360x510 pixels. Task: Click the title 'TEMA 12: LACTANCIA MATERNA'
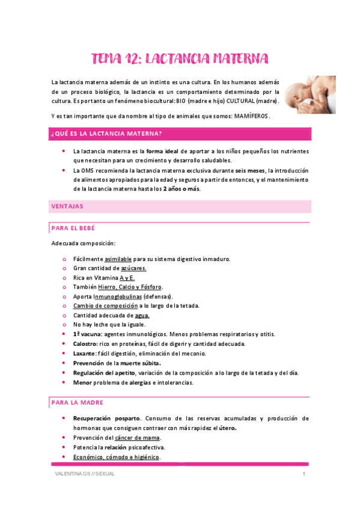[180, 58]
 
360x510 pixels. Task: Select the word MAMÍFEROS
[252, 115]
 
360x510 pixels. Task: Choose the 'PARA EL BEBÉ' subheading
[73, 229]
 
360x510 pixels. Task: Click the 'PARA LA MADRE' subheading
[78, 402]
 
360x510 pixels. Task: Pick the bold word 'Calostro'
[86, 344]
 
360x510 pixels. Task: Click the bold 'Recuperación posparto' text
[106, 419]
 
